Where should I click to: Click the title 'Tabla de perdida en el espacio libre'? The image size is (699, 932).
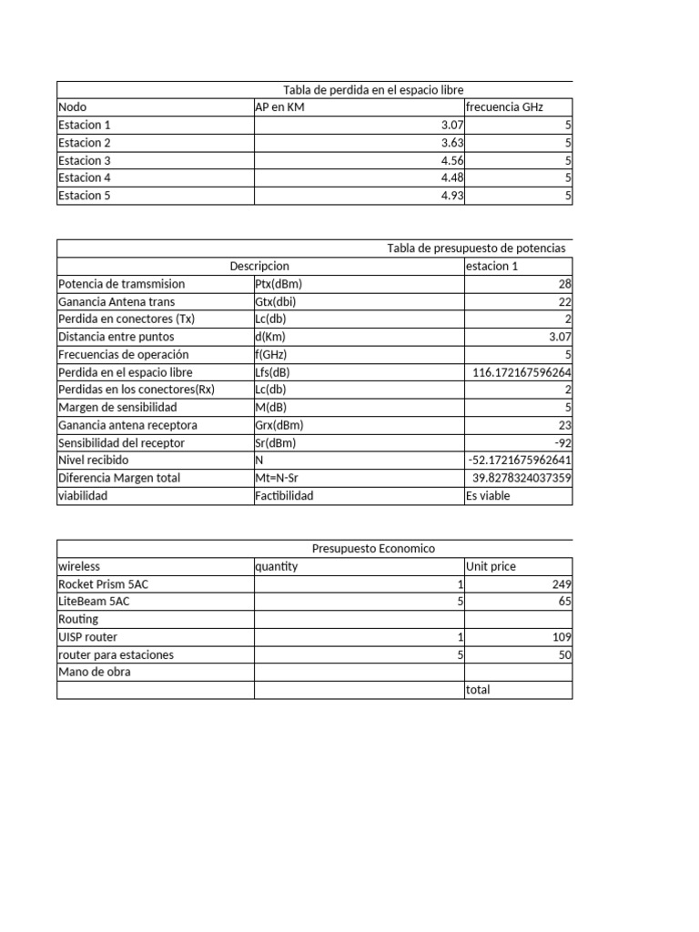point(373,90)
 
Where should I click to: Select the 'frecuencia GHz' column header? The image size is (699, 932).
point(504,107)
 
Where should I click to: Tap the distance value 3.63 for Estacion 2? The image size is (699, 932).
point(452,143)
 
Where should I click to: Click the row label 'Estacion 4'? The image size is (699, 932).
point(85,177)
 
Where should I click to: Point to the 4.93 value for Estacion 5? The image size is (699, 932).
point(452,195)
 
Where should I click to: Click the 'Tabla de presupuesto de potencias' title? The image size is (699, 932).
point(476,248)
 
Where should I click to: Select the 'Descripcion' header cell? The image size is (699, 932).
point(259,266)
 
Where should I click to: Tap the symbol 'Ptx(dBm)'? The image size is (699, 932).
point(279,284)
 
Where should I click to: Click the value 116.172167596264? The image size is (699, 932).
point(522,372)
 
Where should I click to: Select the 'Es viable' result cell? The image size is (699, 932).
point(488,496)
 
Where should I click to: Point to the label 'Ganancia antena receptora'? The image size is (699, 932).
point(127,425)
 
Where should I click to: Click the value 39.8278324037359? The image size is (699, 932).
point(522,478)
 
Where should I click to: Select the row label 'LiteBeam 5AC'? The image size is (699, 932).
point(90,602)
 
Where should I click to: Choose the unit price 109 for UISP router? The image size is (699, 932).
point(562,637)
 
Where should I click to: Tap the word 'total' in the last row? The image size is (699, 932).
point(478,690)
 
